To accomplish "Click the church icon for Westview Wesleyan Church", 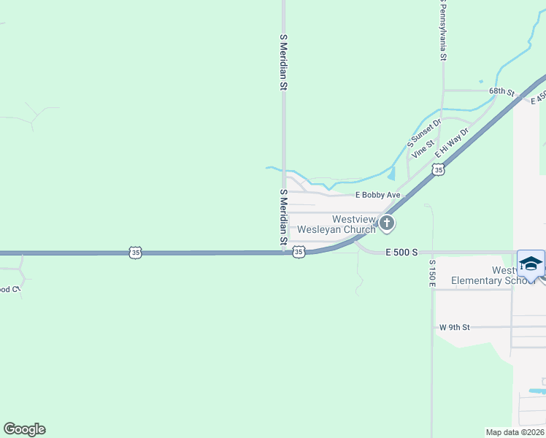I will click(387, 223).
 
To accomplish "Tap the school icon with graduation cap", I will click(531, 264).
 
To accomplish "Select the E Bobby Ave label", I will click(378, 195).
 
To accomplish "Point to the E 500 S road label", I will click(401, 252).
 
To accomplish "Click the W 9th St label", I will click(454, 328).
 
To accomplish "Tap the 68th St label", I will click(501, 92).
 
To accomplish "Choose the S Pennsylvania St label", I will click(442, 31).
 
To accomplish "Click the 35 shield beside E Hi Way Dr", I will click(438, 170).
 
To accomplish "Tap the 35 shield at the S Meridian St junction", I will click(299, 252).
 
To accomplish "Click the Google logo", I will click(24, 429).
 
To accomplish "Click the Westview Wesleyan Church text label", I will click(354, 224).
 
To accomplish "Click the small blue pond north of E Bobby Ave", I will click(391, 173).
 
